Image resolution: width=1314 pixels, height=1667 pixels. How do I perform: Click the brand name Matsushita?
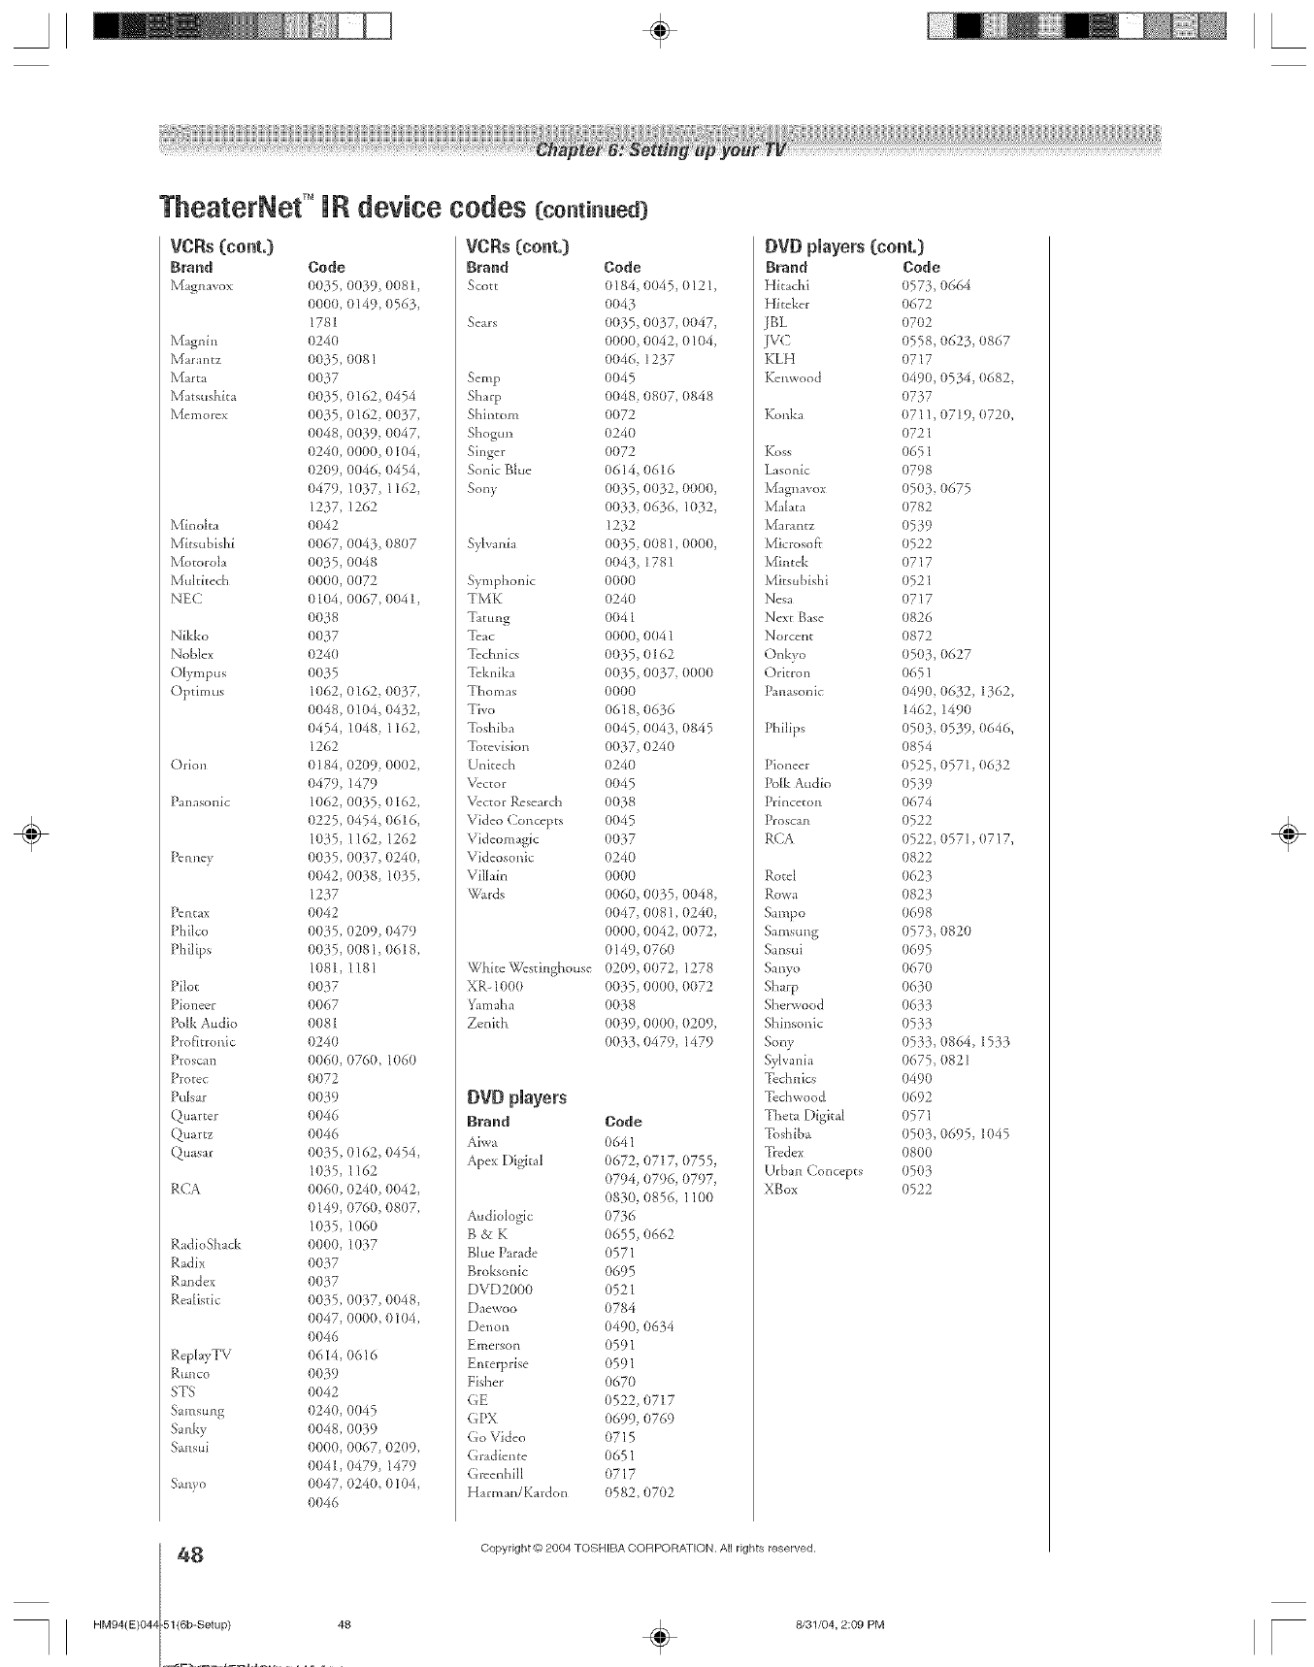pyautogui.click(x=203, y=396)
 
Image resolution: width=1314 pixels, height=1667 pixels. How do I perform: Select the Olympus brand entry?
pyautogui.click(x=198, y=672)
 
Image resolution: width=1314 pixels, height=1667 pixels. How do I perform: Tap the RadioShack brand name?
pyautogui.click(x=205, y=1244)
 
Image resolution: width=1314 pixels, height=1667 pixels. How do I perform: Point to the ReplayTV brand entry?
pyautogui.click(x=200, y=1355)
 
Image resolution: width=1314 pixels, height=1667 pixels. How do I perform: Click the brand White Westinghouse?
pyautogui.click(x=529, y=967)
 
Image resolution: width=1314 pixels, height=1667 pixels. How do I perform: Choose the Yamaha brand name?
pyautogui.click(x=490, y=1004)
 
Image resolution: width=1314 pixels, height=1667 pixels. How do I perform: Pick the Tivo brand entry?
pyautogui.click(x=480, y=709)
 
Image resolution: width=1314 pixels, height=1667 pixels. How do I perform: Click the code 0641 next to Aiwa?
pyautogui.click(x=619, y=1142)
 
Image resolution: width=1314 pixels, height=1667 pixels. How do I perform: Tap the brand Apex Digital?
pyautogui.click(x=505, y=1160)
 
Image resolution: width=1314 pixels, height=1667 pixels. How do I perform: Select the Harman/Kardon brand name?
pyautogui.click(x=516, y=1492)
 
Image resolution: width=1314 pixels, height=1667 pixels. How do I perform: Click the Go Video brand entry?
pyautogui.click(x=496, y=1437)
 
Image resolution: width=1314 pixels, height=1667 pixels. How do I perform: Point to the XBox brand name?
pyautogui.click(x=780, y=1189)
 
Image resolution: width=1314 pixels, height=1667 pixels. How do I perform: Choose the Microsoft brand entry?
pyautogui.click(x=793, y=543)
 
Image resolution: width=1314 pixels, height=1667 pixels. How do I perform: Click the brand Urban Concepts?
pyautogui.click(x=813, y=1170)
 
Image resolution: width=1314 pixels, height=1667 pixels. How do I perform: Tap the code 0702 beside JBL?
pyautogui.click(x=917, y=322)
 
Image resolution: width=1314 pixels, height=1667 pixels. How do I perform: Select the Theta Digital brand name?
pyautogui.click(x=804, y=1115)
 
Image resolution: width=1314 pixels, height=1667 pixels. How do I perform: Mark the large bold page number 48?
pyautogui.click(x=190, y=1553)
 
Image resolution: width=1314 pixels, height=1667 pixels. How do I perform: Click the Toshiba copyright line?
pyautogui.click(x=647, y=1548)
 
